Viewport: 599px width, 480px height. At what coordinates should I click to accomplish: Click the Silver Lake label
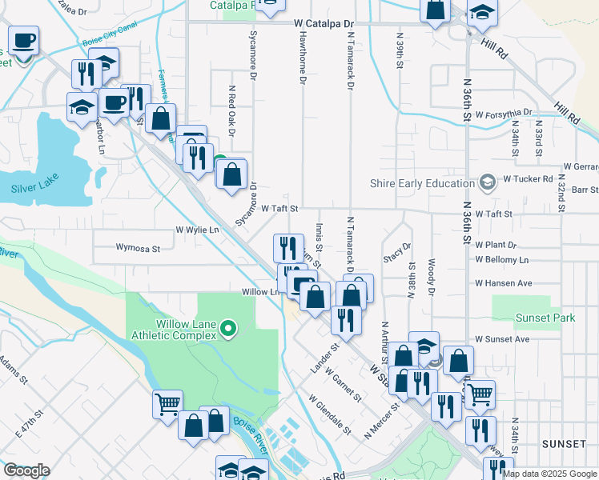pyautogui.click(x=36, y=190)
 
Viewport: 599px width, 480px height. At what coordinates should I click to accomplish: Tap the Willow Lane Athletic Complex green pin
pyautogui.click(x=228, y=328)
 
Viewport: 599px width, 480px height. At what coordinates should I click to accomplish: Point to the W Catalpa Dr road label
pyautogui.click(x=324, y=25)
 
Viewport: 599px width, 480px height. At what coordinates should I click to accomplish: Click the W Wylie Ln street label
pyautogui.click(x=197, y=230)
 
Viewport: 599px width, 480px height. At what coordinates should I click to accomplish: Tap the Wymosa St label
pyautogui.click(x=138, y=248)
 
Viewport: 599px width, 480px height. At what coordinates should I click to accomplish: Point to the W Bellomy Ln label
pyautogui.click(x=501, y=260)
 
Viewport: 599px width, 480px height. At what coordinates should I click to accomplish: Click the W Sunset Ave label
pyautogui.click(x=502, y=339)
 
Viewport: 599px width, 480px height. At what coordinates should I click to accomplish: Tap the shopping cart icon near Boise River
pyautogui.click(x=167, y=405)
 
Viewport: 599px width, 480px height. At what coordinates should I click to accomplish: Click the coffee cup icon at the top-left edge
pyautogui.click(x=23, y=40)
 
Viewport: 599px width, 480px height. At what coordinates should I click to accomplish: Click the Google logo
pyautogui.click(x=26, y=470)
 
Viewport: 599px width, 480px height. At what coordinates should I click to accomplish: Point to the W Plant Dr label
pyautogui.click(x=496, y=244)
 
